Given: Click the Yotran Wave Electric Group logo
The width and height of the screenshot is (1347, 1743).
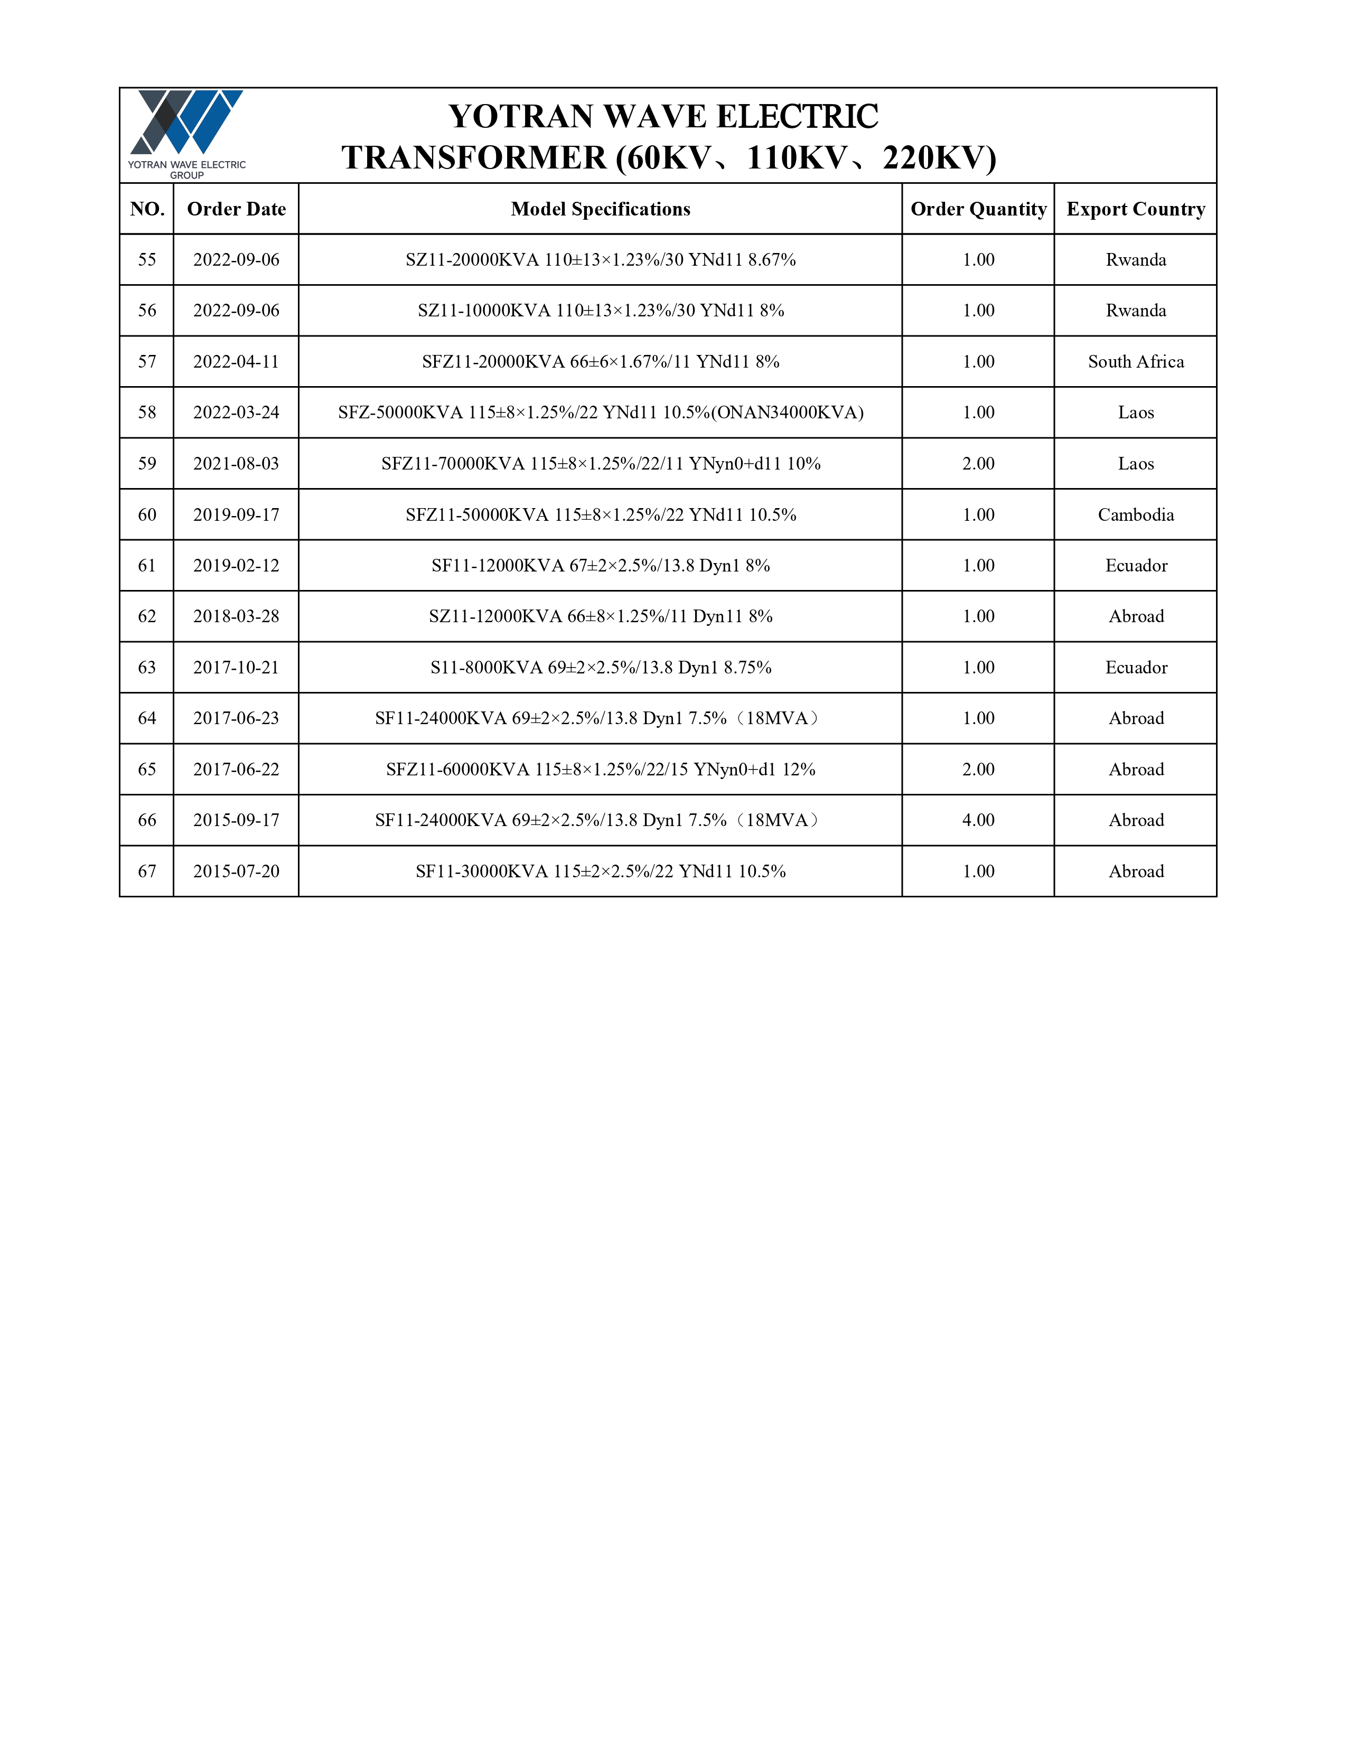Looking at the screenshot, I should [x=186, y=133].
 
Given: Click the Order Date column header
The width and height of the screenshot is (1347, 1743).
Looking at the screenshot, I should [x=236, y=209].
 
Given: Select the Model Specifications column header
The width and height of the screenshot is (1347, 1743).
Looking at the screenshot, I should [x=600, y=209].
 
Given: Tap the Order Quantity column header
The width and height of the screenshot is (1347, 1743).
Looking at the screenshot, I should [x=978, y=209].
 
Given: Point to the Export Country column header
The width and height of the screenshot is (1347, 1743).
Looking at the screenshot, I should [x=1136, y=209].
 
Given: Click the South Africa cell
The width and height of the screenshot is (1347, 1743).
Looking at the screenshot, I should [x=1136, y=361].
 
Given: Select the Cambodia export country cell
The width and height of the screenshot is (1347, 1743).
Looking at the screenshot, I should [x=1136, y=515].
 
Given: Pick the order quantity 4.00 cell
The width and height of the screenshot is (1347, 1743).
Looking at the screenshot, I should [x=978, y=820].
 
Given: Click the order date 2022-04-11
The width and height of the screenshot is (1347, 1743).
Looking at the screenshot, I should [x=236, y=361].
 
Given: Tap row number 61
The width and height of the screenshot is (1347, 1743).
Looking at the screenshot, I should [x=147, y=566].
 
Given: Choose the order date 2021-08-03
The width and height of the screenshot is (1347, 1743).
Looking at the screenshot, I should [x=236, y=464].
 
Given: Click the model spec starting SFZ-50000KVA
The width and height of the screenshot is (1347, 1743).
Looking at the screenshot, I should [x=600, y=413].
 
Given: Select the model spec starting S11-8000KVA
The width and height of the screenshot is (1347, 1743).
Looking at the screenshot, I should [x=600, y=667].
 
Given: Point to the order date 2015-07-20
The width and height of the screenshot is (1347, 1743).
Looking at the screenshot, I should [x=236, y=871].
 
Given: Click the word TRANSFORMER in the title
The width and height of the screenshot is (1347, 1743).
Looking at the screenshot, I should [x=474, y=158].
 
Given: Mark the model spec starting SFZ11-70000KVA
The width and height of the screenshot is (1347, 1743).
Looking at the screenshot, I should [x=600, y=464].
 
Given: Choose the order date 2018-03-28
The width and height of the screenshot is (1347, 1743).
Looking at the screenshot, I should [x=236, y=616].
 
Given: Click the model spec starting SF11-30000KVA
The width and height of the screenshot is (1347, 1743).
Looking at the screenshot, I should [x=600, y=871].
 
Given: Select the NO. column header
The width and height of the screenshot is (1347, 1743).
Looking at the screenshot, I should [x=147, y=209].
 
